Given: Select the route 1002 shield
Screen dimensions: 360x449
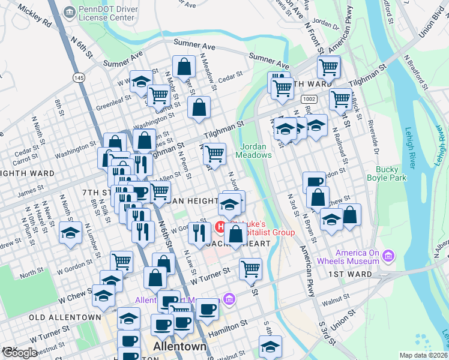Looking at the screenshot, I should (x=309, y=98).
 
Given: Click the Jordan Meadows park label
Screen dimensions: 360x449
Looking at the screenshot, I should (x=256, y=151).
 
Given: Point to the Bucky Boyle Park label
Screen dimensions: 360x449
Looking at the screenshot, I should (x=387, y=174).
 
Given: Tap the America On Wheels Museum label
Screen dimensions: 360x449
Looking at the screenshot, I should (x=358, y=257).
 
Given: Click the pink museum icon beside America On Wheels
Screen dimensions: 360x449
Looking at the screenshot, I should (x=388, y=257).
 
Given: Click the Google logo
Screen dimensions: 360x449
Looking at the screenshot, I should (x=19, y=352).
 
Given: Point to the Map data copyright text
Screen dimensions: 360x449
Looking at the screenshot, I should (x=424, y=355).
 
